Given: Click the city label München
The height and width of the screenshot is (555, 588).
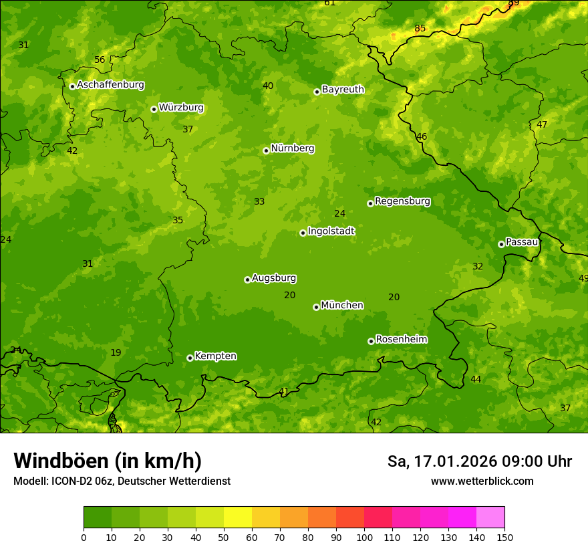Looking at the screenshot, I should click(342, 306).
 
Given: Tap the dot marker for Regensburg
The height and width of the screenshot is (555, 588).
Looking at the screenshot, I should click(370, 203).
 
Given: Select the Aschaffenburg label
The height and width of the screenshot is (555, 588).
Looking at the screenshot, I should click(110, 85).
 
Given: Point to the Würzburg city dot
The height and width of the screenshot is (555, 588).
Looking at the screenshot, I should click(154, 109).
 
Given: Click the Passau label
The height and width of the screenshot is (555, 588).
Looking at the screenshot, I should click(522, 242).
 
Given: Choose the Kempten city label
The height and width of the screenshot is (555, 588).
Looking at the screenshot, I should click(215, 356).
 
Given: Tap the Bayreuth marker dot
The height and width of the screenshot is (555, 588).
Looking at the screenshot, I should click(317, 92).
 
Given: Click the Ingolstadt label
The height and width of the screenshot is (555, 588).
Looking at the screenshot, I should click(331, 231).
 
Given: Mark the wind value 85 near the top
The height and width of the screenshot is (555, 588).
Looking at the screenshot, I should click(420, 28).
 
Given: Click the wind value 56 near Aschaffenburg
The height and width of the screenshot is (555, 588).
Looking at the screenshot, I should click(100, 60).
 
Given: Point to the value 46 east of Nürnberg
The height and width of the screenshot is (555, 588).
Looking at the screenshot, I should click(422, 137).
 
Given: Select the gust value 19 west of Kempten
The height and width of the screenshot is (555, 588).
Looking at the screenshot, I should click(116, 352).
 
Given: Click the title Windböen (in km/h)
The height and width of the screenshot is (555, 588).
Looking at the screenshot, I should click(108, 461).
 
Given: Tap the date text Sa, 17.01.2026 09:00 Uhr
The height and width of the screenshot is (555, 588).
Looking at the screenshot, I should click(479, 461).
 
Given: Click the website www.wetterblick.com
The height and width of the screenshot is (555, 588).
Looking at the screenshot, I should click(482, 481).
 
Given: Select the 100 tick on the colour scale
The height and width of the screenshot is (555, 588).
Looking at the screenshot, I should click(364, 537).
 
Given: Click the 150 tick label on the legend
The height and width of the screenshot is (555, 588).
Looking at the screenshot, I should click(504, 537).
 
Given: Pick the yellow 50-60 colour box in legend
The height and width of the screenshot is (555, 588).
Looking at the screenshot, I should click(238, 518).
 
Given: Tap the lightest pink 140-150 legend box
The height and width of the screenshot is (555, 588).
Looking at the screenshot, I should click(490, 518).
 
